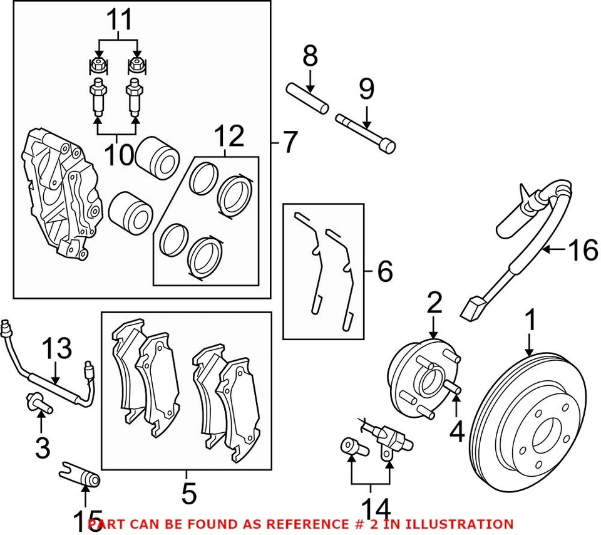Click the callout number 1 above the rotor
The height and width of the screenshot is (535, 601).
click(530, 321)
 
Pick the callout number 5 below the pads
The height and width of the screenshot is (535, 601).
click(188, 494)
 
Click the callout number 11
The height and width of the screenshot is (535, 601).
click(118, 19)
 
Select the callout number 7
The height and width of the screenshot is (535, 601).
click(289, 143)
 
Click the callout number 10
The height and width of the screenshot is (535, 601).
click(118, 155)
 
